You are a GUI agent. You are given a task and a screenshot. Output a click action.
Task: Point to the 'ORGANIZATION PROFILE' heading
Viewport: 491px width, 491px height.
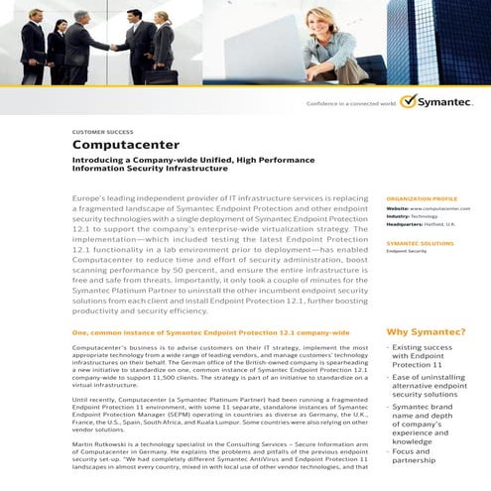(422, 198)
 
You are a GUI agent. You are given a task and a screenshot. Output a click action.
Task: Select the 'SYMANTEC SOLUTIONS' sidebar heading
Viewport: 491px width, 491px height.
(421, 243)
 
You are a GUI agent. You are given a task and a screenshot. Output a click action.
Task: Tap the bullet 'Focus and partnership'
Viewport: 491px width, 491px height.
(417, 456)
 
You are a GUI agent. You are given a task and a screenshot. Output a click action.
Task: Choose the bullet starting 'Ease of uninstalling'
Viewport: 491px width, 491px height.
(428, 383)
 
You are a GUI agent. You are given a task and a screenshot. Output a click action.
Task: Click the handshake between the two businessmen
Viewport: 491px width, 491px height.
(116, 48)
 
